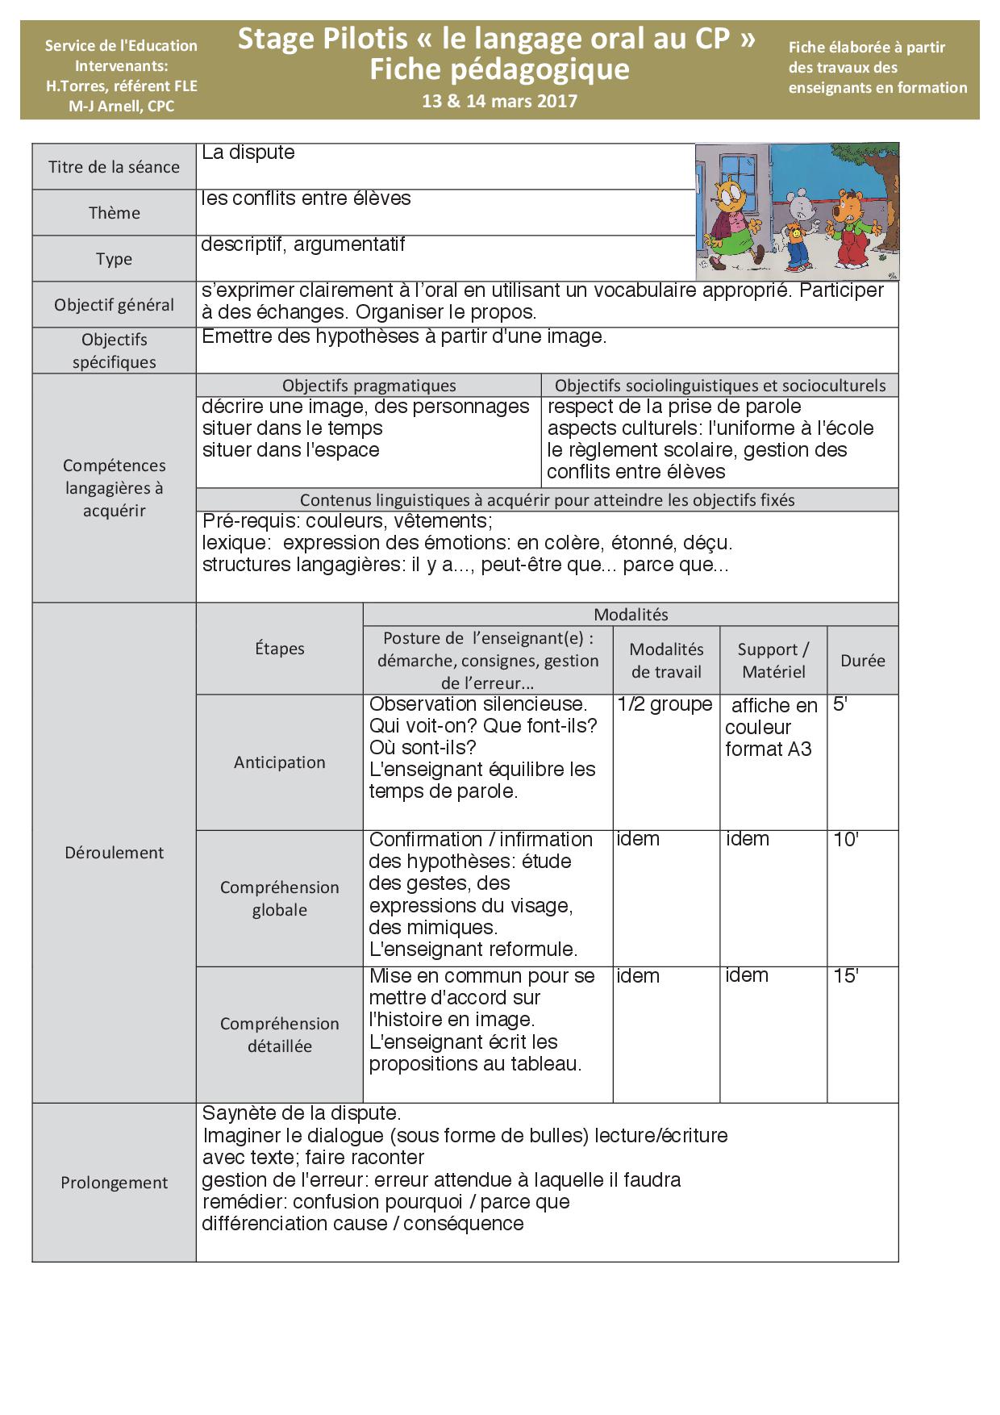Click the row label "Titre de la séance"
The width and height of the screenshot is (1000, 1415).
pyautogui.click(x=114, y=167)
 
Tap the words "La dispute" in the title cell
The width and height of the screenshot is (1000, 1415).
pyautogui.click(x=248, y=152)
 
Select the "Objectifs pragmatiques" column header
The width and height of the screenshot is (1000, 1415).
pyautogui.click(x=369, y=386)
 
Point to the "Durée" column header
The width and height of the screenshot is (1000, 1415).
pyautogui.click(x=862, y=661)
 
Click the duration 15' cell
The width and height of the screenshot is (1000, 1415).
pyautogui.click(x=846, y=976)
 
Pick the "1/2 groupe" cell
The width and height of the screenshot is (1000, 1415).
pyautogui.click(x=665, y=704)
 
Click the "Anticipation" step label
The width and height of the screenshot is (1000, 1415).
pyautogui.click(x=279, y=762)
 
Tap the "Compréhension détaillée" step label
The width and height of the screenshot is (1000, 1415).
pyautogui.click(x=279, y=1035)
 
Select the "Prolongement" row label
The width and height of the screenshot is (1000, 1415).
pyautogui.click(x=114, y=1183)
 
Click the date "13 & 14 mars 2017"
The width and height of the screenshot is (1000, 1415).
pyautogui.click(x=499, y=101)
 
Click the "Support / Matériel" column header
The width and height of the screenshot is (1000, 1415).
pyautogui.click(x=773, y=661)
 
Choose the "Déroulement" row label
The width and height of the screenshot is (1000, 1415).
pyautogui.click(x=114, y=853)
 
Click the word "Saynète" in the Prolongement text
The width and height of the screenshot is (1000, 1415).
pyautogui.click(x=234, y=1113)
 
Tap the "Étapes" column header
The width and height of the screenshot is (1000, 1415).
pyautogui.click(x=279, y=649)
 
